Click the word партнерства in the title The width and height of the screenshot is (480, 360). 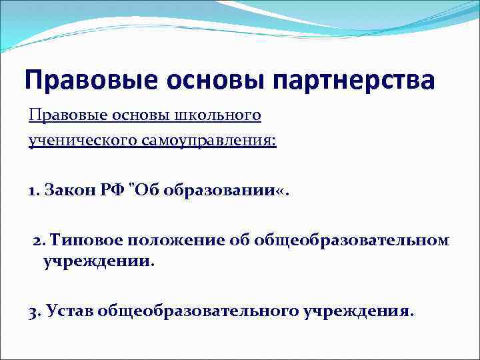tap(353, 81)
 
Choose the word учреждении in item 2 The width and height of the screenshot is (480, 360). tap(97, 261)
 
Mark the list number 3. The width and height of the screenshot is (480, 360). tap(34, 311)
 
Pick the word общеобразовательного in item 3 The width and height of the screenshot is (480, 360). tap(199, 311)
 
